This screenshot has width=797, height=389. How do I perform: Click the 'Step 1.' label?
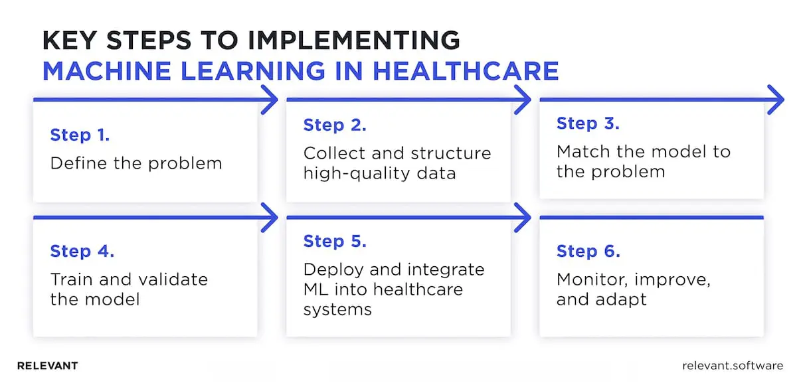pos(80,135)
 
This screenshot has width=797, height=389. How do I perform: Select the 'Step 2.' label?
pos(335,125)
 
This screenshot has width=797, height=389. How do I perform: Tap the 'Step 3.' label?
pos(588,123)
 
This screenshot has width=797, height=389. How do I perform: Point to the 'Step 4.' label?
pos(82,252)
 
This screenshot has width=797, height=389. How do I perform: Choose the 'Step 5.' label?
pos(335,242)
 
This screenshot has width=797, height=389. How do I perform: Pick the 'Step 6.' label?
pos(588,252)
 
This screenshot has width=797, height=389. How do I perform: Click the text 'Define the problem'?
pos(136,163)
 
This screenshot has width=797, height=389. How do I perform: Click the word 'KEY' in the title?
pos(71,40)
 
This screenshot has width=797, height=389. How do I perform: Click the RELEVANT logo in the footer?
pos(47,366)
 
